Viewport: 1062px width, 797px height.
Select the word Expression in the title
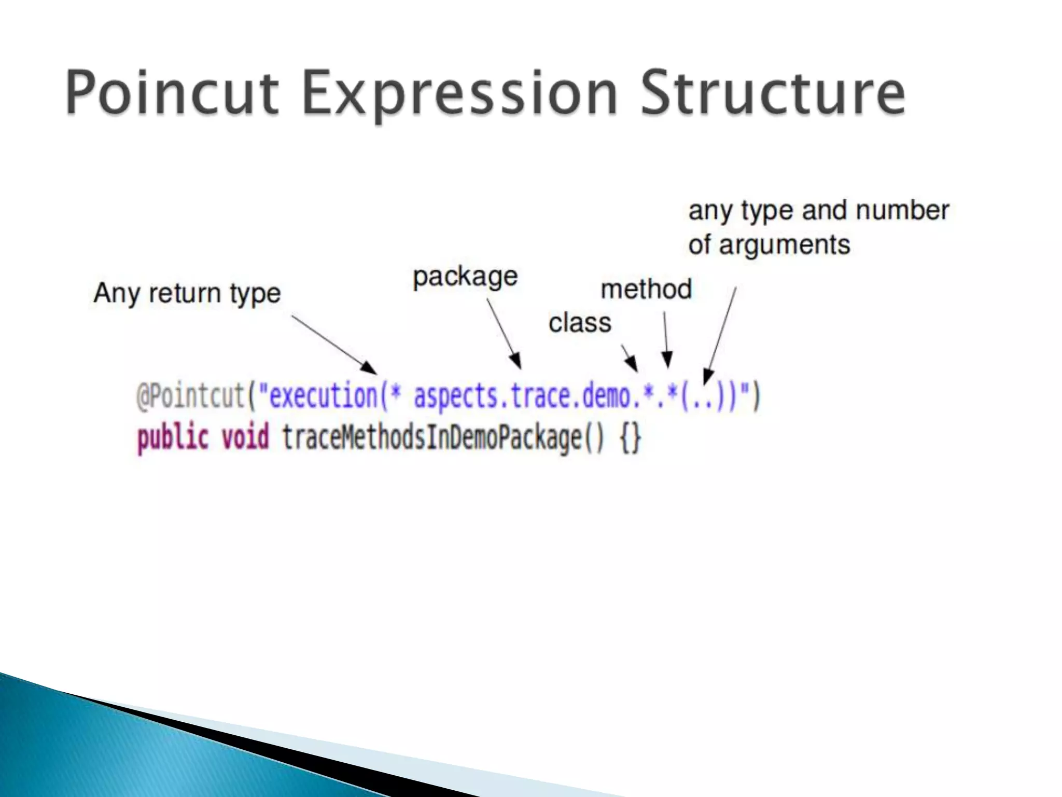pos(459,93)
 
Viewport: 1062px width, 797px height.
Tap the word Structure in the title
pos(773,93)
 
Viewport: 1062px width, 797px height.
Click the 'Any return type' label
pos(187,293)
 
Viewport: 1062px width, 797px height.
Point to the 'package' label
pos(465,277)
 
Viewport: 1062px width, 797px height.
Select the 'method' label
pos(646,290)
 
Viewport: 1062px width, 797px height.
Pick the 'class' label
pos(580,323)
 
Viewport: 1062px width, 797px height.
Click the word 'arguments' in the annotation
pos(785,244)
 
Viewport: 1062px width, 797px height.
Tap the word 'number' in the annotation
pos(902,211)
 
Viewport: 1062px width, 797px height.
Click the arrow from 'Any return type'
pos(334,345)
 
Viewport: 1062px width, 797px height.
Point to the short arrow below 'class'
pos(630,358)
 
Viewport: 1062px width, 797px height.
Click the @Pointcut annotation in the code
pos(190,397)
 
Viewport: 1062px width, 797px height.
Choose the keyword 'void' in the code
pos(245,437)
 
